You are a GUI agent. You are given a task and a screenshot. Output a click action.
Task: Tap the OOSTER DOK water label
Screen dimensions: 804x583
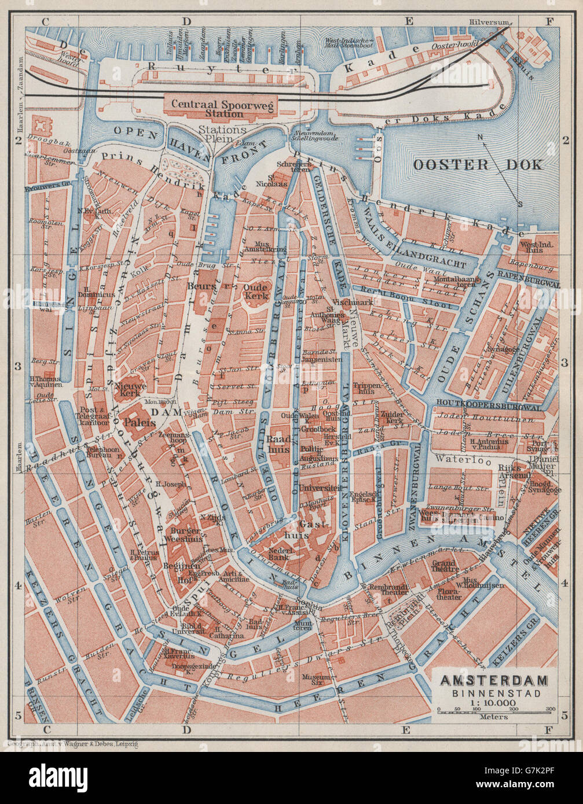tap(478, 165)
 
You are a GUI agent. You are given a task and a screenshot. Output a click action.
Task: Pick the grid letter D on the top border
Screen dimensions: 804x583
tap(186, 21)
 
